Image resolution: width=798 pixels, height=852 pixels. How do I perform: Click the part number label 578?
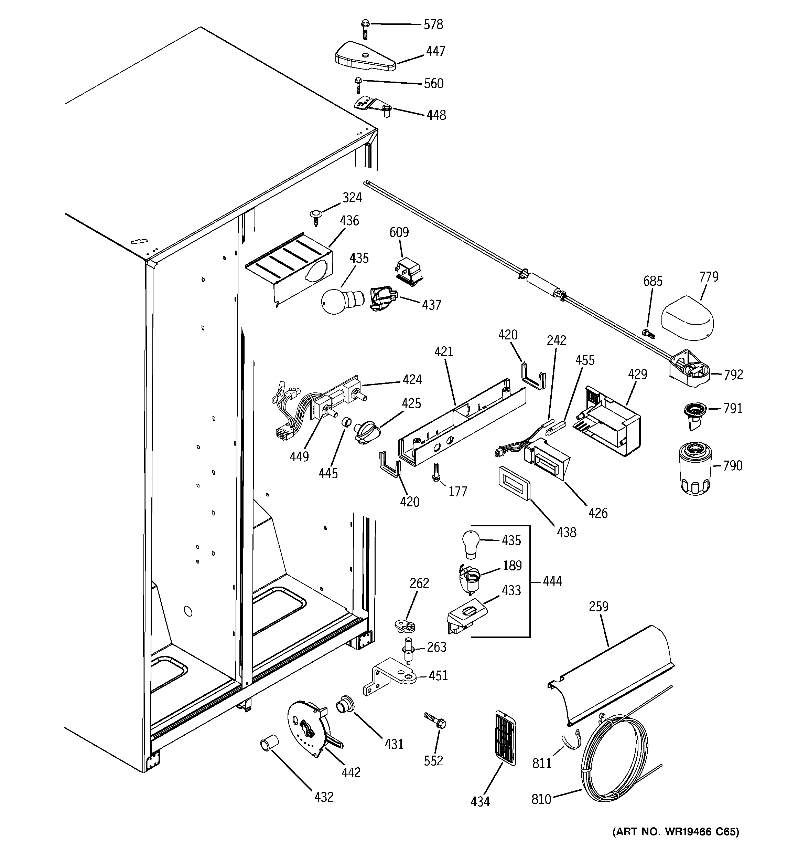click(433, 25)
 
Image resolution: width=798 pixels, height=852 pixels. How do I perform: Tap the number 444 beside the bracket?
click(552, 581)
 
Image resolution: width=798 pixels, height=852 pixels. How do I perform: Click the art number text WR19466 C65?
click(676, 832)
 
